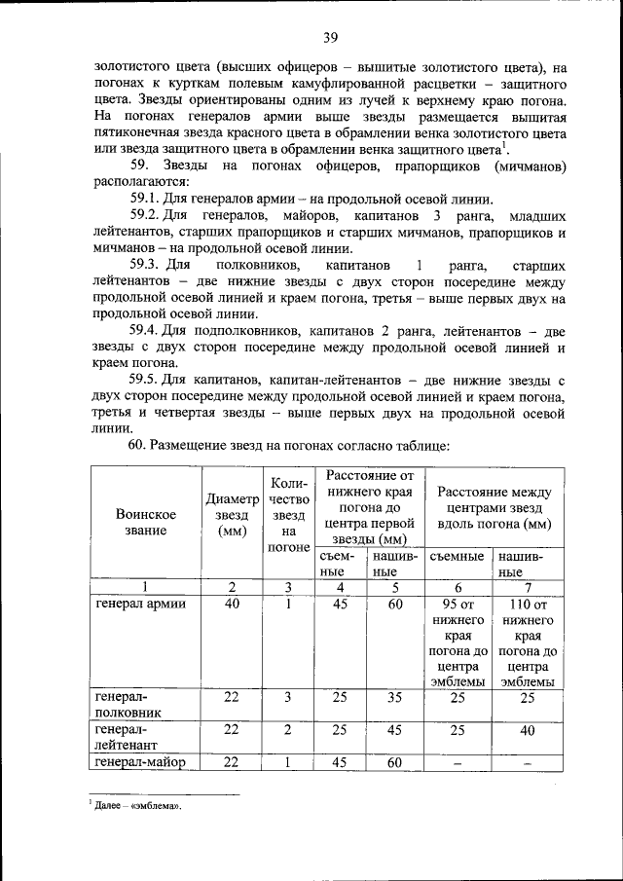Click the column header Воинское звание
click(x=145, y=522)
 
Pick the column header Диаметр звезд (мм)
click(x=232, y=516)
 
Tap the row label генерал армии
click(x=141, y=603)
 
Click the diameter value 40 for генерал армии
click(x=232, y=603)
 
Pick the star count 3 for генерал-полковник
click(x=287, y=698)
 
